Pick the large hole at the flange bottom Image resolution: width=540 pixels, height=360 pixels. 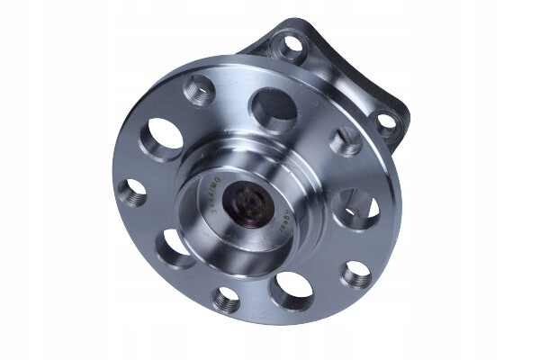[x=293, y=290]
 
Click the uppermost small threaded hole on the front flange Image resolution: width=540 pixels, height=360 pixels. [x=200, y=90]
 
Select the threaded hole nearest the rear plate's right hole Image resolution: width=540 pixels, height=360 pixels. [x=345, y=142]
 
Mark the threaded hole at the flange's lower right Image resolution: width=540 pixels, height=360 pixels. [x=355, y=274]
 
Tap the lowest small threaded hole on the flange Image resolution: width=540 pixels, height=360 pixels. [x=227, y=300]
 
